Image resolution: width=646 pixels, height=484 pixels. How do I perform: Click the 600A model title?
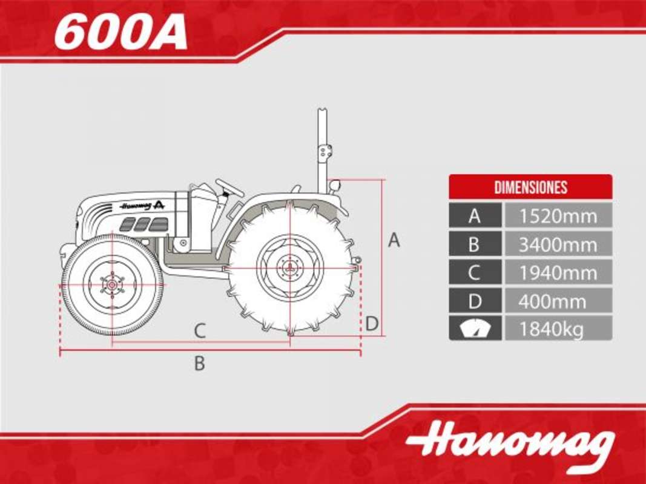tap(120, 34)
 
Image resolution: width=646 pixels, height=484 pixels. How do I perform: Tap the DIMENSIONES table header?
tap(530, 188)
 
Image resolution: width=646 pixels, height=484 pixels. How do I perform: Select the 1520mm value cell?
tap(558, 215)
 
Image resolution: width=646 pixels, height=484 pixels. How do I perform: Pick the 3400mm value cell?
tap(558, 244)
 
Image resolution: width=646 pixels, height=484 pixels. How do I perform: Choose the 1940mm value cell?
tap(558, 272)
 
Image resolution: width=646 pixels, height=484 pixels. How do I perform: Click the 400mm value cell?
tap(558, 301)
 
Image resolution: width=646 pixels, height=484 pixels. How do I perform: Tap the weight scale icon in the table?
tap(475, 329)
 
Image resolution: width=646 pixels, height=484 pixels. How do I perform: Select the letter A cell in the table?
tap(475, 215)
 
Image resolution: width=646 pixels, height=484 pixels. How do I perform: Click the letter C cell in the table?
tap(475, 272)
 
